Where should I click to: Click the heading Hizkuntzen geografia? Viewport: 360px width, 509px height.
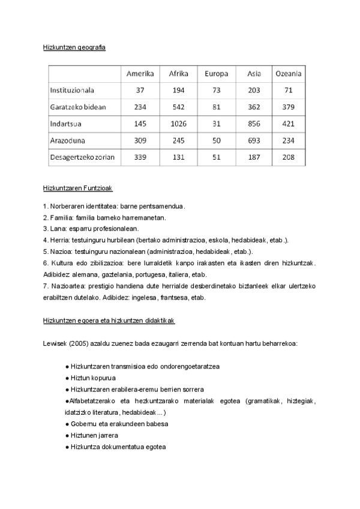click(74, 47)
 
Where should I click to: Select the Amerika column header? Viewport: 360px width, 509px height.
click(140, 74)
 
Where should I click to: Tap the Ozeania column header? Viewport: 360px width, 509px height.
click(288, 74)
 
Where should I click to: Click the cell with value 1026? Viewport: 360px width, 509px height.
click(179, 124)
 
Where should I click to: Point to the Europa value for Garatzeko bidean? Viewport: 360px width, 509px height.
click(217, 107)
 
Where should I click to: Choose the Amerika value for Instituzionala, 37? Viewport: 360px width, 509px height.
click(140, 90)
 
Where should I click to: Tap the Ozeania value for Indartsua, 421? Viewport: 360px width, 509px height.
click(288, 124)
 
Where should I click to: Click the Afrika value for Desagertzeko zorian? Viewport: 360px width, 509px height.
click(179, 157)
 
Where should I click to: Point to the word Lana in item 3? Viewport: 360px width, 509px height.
click(57, 229)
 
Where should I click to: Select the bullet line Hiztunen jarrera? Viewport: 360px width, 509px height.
click(94, 435)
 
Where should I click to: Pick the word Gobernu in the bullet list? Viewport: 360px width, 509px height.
click(84, 423)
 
